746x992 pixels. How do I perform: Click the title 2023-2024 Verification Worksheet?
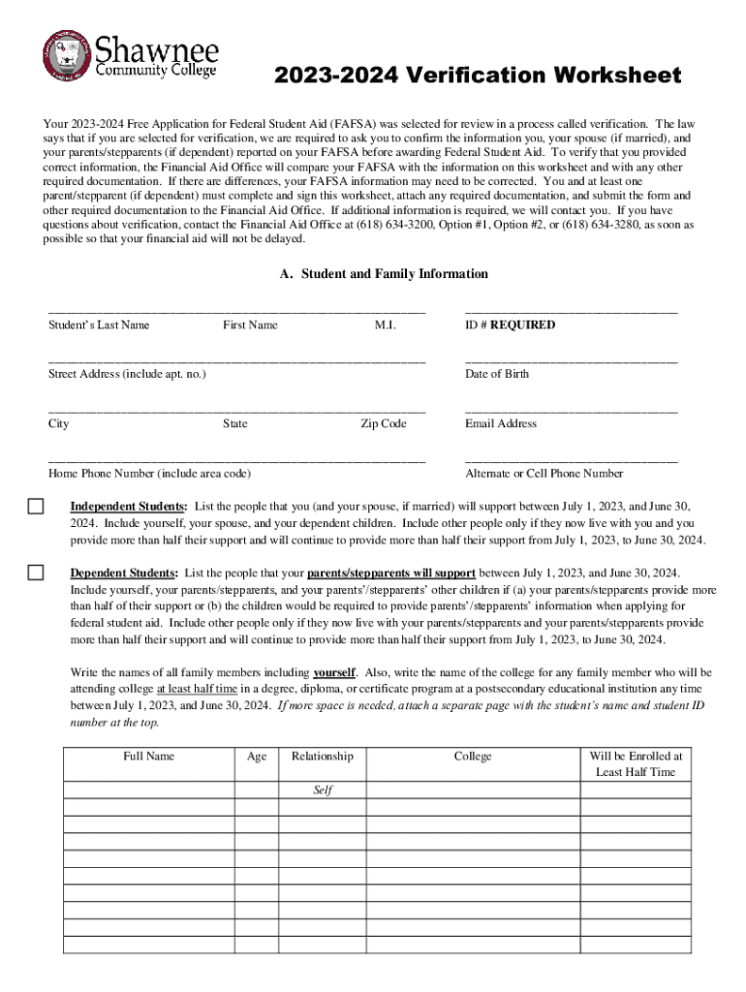tap(478, 76)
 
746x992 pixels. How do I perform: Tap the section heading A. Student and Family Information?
tap(384, 274)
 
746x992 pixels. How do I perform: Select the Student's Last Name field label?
tap(99, 325)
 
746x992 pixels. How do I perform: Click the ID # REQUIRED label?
tap(510, 325)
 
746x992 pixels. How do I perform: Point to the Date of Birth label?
tap(497, 374)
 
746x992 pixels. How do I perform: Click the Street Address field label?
tap(126, 374)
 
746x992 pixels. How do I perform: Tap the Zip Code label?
tap(384, 423)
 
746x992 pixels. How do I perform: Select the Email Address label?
tap(501, 423)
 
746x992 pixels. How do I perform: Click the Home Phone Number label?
tap(149, 474)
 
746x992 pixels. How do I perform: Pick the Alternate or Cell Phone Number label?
tap(544, 474)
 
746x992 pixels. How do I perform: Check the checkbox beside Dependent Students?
tap(36, 573)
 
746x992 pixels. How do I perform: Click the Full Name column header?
tap(148, 757)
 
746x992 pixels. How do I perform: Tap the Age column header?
tap(257, 757)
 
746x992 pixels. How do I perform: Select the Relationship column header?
tap(323, 757)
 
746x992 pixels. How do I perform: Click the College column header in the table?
tap(473, 757)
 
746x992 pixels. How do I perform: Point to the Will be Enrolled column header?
tap(636, 764)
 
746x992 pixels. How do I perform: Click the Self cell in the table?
tap(323, 790)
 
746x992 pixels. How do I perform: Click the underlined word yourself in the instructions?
tap(334, 672)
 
